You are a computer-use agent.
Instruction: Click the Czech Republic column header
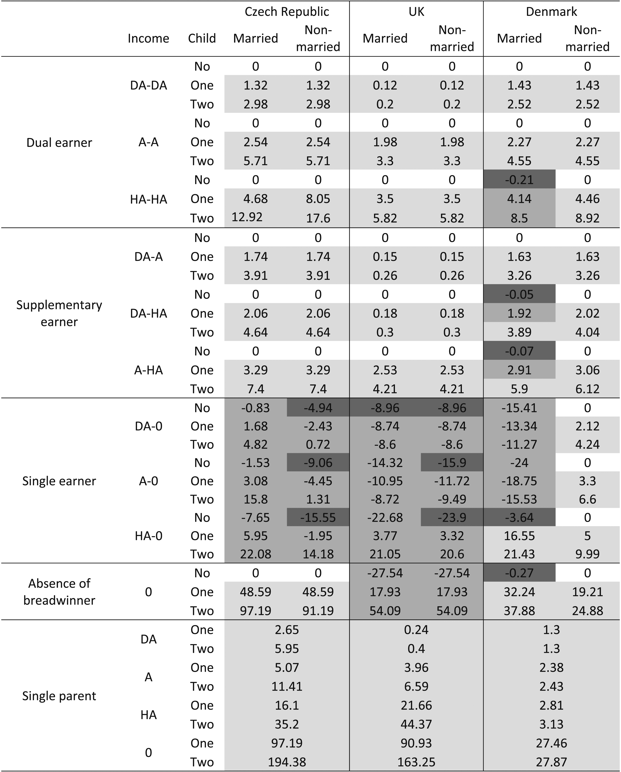(287, 12)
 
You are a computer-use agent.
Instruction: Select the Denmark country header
(551, 12)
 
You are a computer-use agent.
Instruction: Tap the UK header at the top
(416, 12)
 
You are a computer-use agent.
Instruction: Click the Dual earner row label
(59, 142)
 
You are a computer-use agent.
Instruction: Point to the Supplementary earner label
(59, 313)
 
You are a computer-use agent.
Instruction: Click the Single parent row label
(59, 696)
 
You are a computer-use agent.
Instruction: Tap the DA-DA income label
(148, 86)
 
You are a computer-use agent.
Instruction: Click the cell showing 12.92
(247, 217)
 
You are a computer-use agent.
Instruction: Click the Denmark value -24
(519, 463)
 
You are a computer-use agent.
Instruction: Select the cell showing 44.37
(416, 724)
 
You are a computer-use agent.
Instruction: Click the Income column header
(148, 38)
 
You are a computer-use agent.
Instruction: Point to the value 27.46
(551, 743)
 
